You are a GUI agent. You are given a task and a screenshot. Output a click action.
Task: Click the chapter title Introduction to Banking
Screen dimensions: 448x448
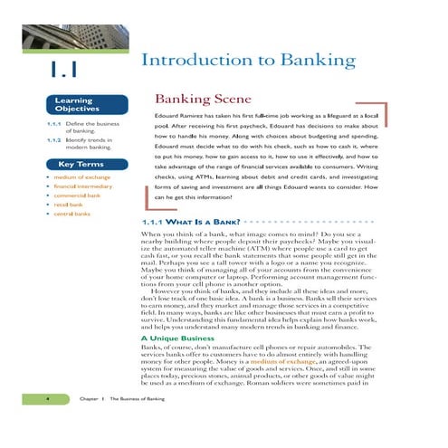[x=248, y=62]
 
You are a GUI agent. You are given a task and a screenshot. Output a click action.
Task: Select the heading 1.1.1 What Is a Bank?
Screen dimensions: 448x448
[x=187, y=222]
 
